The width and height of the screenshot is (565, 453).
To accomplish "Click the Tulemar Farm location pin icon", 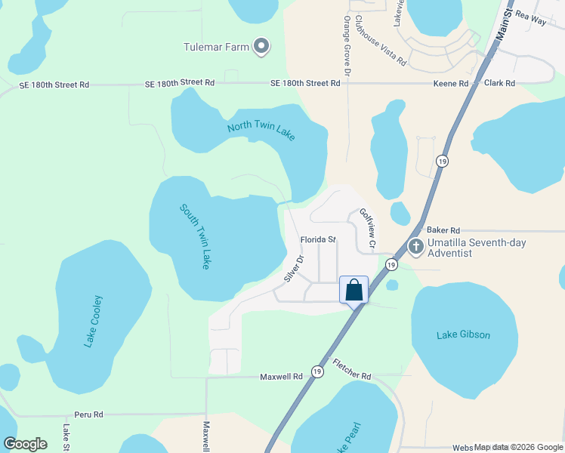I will [x=261, y=47].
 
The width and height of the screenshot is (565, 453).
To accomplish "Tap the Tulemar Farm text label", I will [x=216, y=47].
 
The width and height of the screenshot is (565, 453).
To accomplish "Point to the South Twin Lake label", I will [x=194, y=236].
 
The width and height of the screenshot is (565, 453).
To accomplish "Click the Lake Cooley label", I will [x=94, y=321].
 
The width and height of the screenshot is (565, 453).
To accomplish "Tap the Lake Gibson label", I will [x=463, y=334].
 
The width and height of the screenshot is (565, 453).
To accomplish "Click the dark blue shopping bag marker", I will [x=354, y=290].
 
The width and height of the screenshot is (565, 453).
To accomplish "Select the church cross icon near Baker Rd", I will [x=415, y=247].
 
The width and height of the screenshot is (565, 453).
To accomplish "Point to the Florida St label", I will [x=317, y=239].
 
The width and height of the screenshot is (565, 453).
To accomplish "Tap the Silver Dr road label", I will [x=293, y=269].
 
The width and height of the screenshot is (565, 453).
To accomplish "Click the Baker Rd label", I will [x=443, y=230].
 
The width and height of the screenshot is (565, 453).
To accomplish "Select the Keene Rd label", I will [x=451, y=83].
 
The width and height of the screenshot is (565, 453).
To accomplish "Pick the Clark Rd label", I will [x=499, y=83].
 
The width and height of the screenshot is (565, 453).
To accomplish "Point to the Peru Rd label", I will [x=88, y=414].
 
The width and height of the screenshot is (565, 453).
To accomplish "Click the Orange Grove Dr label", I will [x=347, y=46].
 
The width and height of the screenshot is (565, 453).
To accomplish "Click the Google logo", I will [x=26, y=444].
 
